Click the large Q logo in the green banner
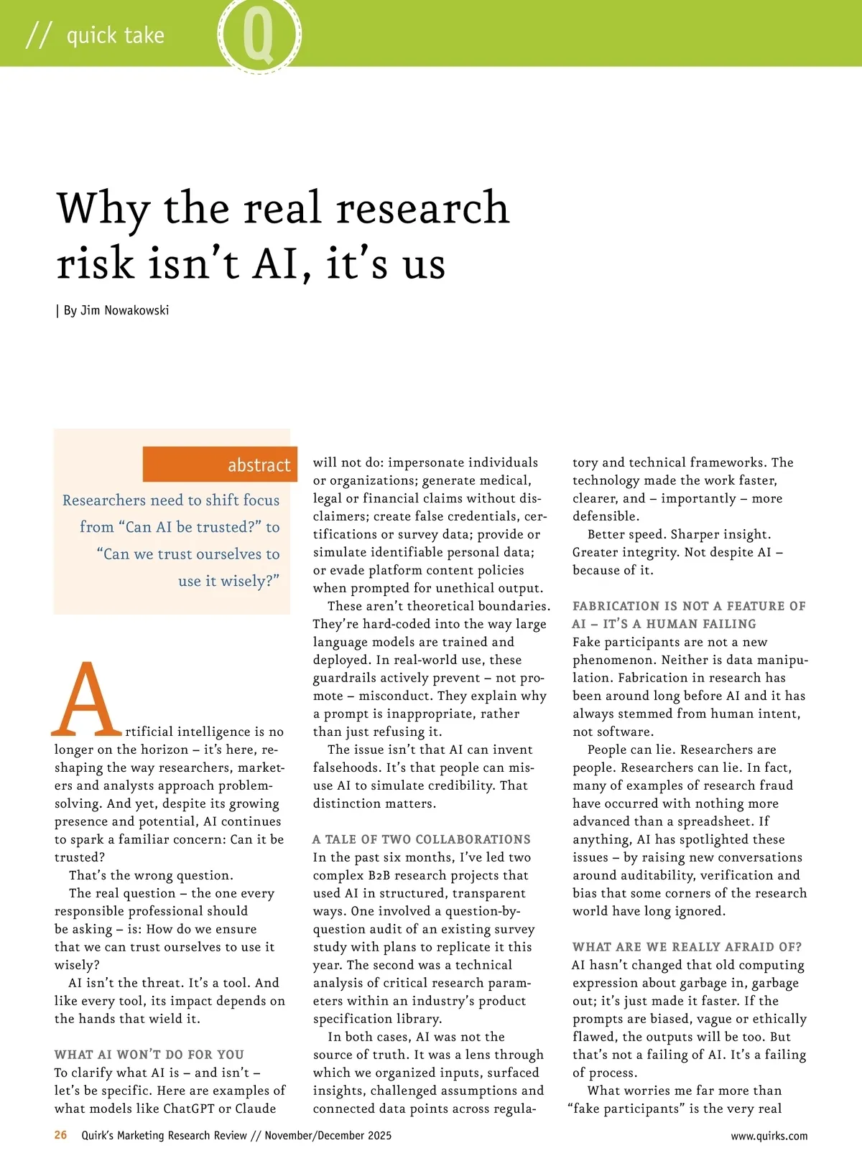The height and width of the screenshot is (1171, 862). [x=259, y=34]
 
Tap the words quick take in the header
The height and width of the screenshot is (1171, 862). [x=115, y=35]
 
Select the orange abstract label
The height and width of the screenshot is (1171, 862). [x=220, y=465]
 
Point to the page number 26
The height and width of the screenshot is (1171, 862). [x=61, y=1135]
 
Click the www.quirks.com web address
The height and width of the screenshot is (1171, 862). [x=769, y=1136]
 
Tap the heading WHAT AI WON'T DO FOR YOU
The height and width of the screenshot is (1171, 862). [x=149, y=1055]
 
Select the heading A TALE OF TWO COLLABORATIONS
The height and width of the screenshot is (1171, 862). [x=422, y=839]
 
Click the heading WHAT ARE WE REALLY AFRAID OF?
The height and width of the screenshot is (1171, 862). [x=687, y=947]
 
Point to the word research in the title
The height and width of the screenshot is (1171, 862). [x=422, y=208]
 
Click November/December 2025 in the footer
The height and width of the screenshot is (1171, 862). [x=328, y=1135]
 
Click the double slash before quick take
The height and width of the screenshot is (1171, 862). [x=39, y=35]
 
